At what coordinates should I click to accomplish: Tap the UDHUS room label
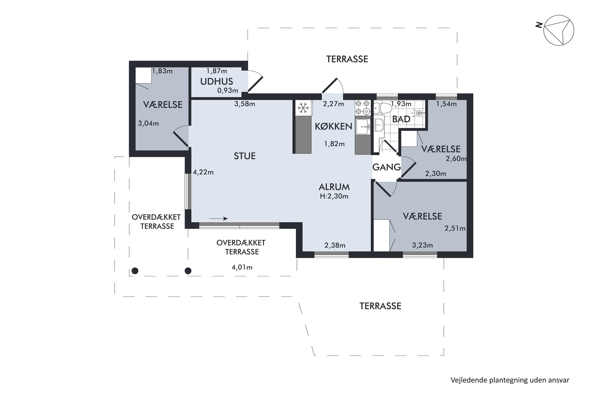click(x=217, y=81)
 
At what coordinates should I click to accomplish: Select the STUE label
click(x=245, y=156)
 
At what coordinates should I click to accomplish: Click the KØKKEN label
click(x=334, y=126)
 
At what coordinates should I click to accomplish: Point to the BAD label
click(x=401, y=119)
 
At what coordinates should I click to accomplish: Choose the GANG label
click(x=387, y=167)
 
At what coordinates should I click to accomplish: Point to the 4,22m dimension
click(x=203, y=172)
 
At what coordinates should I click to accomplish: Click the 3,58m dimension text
click(x=245, y=104)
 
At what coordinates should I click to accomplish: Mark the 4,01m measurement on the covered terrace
click(x=242, y=267)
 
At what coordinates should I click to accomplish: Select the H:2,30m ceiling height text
click(x=334, y=196)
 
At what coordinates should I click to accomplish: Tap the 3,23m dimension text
click(x=422, y=245)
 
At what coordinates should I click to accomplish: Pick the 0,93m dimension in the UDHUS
click(x=228, y=90)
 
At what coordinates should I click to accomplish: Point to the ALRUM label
click(x=334, y=187)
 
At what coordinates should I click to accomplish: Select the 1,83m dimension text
click(x=162, y=71)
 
